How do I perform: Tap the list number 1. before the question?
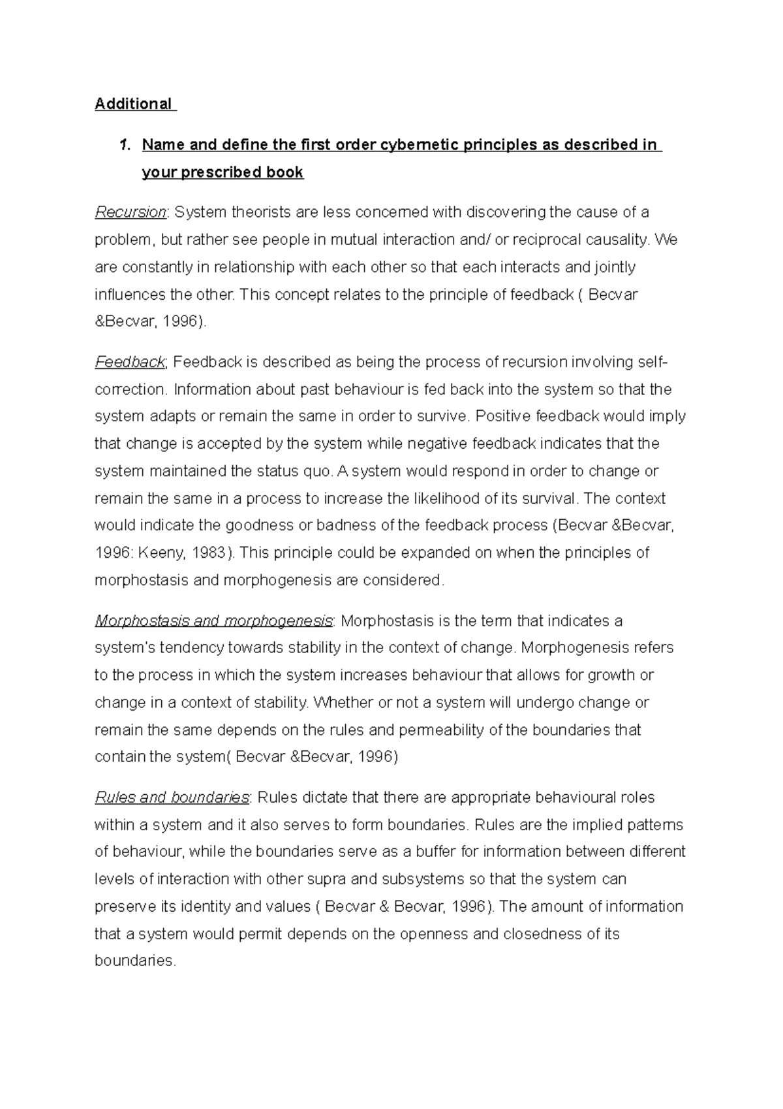click(x=124, y=145)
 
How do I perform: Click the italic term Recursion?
click(x=130, y=212)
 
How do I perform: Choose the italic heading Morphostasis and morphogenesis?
click(x=213, y=620)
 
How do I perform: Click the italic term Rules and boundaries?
click(x=172, y=797)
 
